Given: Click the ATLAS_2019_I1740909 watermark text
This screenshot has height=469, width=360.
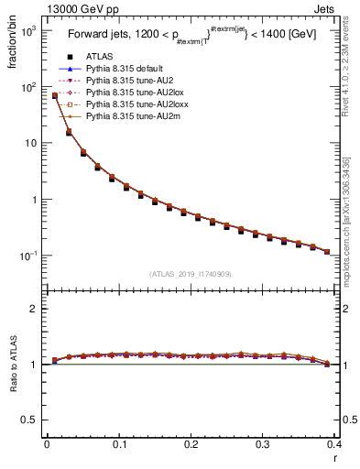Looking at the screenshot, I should [x=191, y=273].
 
